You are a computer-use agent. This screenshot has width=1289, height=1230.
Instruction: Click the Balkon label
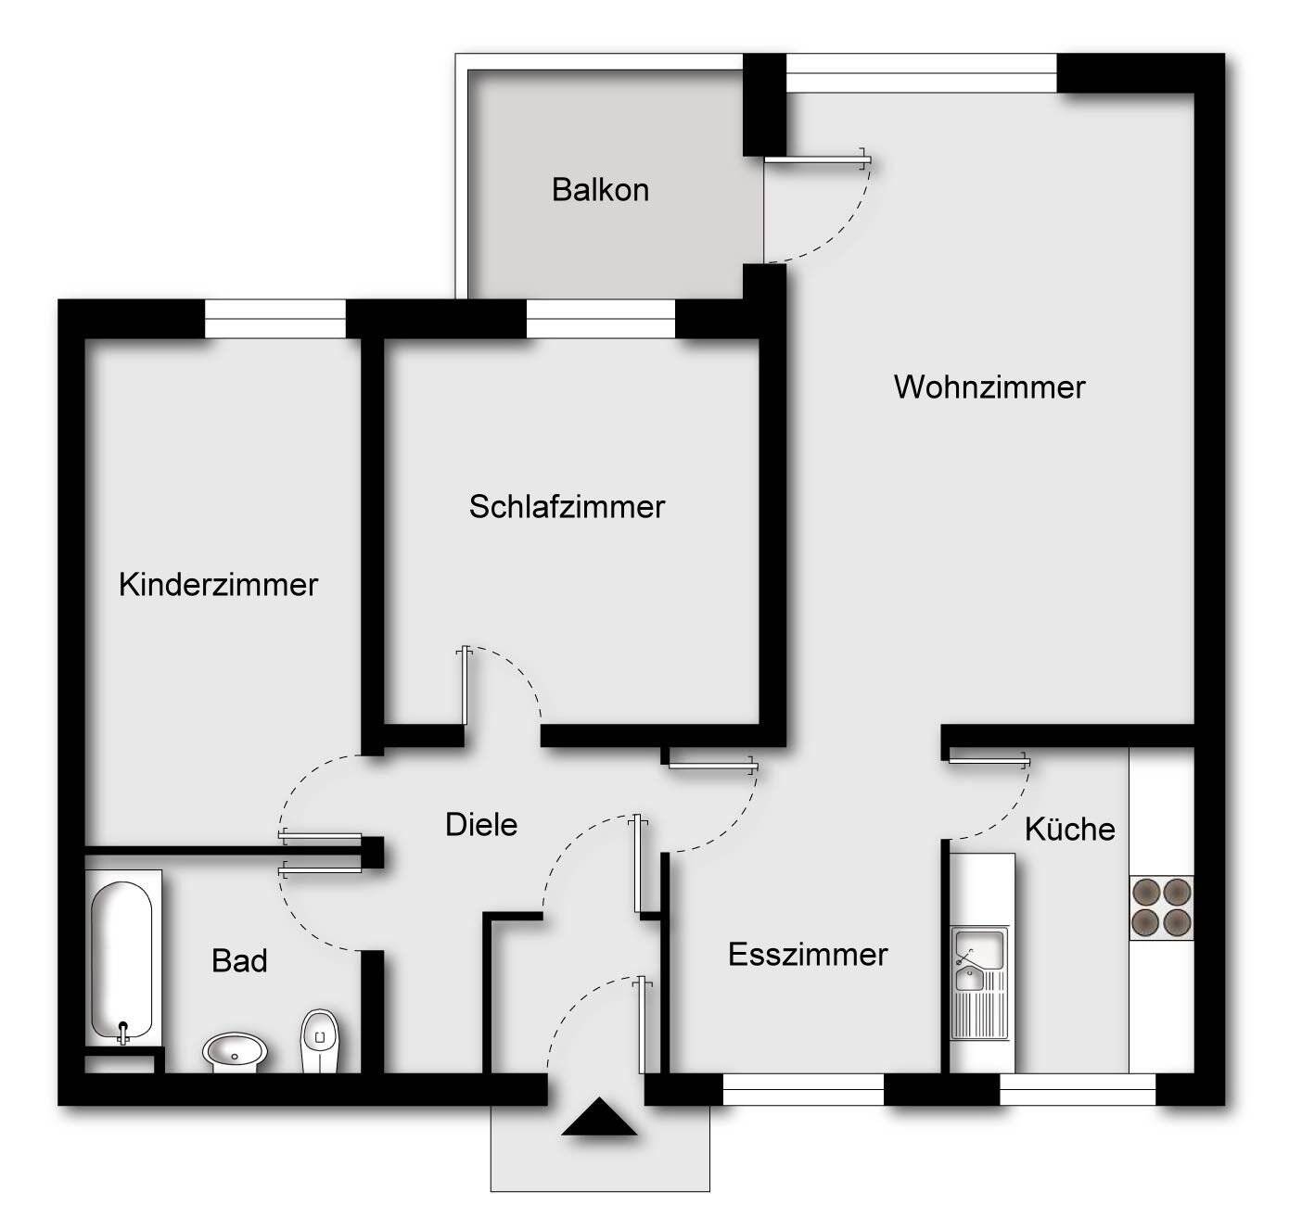coord(600,190)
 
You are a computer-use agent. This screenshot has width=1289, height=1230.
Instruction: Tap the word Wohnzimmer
coord(989,387)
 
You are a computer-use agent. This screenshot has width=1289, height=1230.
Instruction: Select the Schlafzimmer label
coord(567,507)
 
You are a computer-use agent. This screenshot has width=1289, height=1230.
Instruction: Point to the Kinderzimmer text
coord(219,585)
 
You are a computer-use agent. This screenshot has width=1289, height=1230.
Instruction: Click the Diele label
coord(481,825)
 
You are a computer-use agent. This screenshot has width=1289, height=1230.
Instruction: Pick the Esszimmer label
coord(808,955)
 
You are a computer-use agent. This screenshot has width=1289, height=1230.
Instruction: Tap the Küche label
coord(1069,829)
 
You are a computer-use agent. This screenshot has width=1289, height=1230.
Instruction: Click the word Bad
coord(239,961)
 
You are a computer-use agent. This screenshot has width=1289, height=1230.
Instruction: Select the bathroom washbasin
coord(235,1051)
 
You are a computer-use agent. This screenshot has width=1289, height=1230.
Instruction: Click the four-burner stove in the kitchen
coord(1161,907)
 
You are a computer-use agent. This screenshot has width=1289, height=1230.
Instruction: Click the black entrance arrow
coord(600,1117)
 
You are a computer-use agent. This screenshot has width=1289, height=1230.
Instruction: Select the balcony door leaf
coord(816,160)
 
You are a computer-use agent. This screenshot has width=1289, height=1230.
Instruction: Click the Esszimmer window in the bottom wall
coord(803,1090)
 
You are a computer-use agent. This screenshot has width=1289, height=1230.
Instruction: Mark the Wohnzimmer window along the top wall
coord(921,73)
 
